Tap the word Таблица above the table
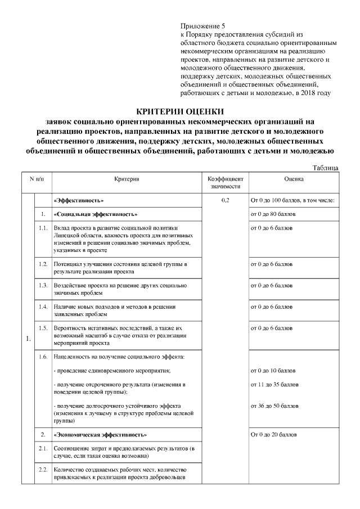pos(325,168)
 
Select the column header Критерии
pos(126,179)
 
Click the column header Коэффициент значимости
pos(225,182)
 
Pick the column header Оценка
pos(294,179)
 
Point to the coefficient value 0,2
pos(225,200)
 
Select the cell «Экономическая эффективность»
pos(100,435)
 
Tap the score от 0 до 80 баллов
pos(272,214)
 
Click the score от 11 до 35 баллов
pos(274,384)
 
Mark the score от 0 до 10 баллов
pos(273,371)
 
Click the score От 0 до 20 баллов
pos(273,435)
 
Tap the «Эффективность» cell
pos(79,200)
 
